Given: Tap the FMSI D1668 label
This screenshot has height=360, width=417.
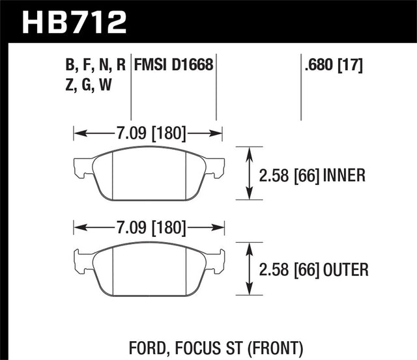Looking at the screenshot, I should coord(174,65).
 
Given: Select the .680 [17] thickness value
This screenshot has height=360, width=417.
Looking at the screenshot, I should coord(332,65).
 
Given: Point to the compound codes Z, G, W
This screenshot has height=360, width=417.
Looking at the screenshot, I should coord(87,85).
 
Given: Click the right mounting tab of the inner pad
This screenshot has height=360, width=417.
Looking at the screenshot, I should coord(216,168).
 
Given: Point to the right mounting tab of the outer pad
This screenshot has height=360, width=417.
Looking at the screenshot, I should coord(216,262).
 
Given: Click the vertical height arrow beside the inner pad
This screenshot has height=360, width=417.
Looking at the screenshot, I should coord(249,173).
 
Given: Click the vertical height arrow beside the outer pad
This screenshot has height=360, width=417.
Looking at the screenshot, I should coord(249,268).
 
